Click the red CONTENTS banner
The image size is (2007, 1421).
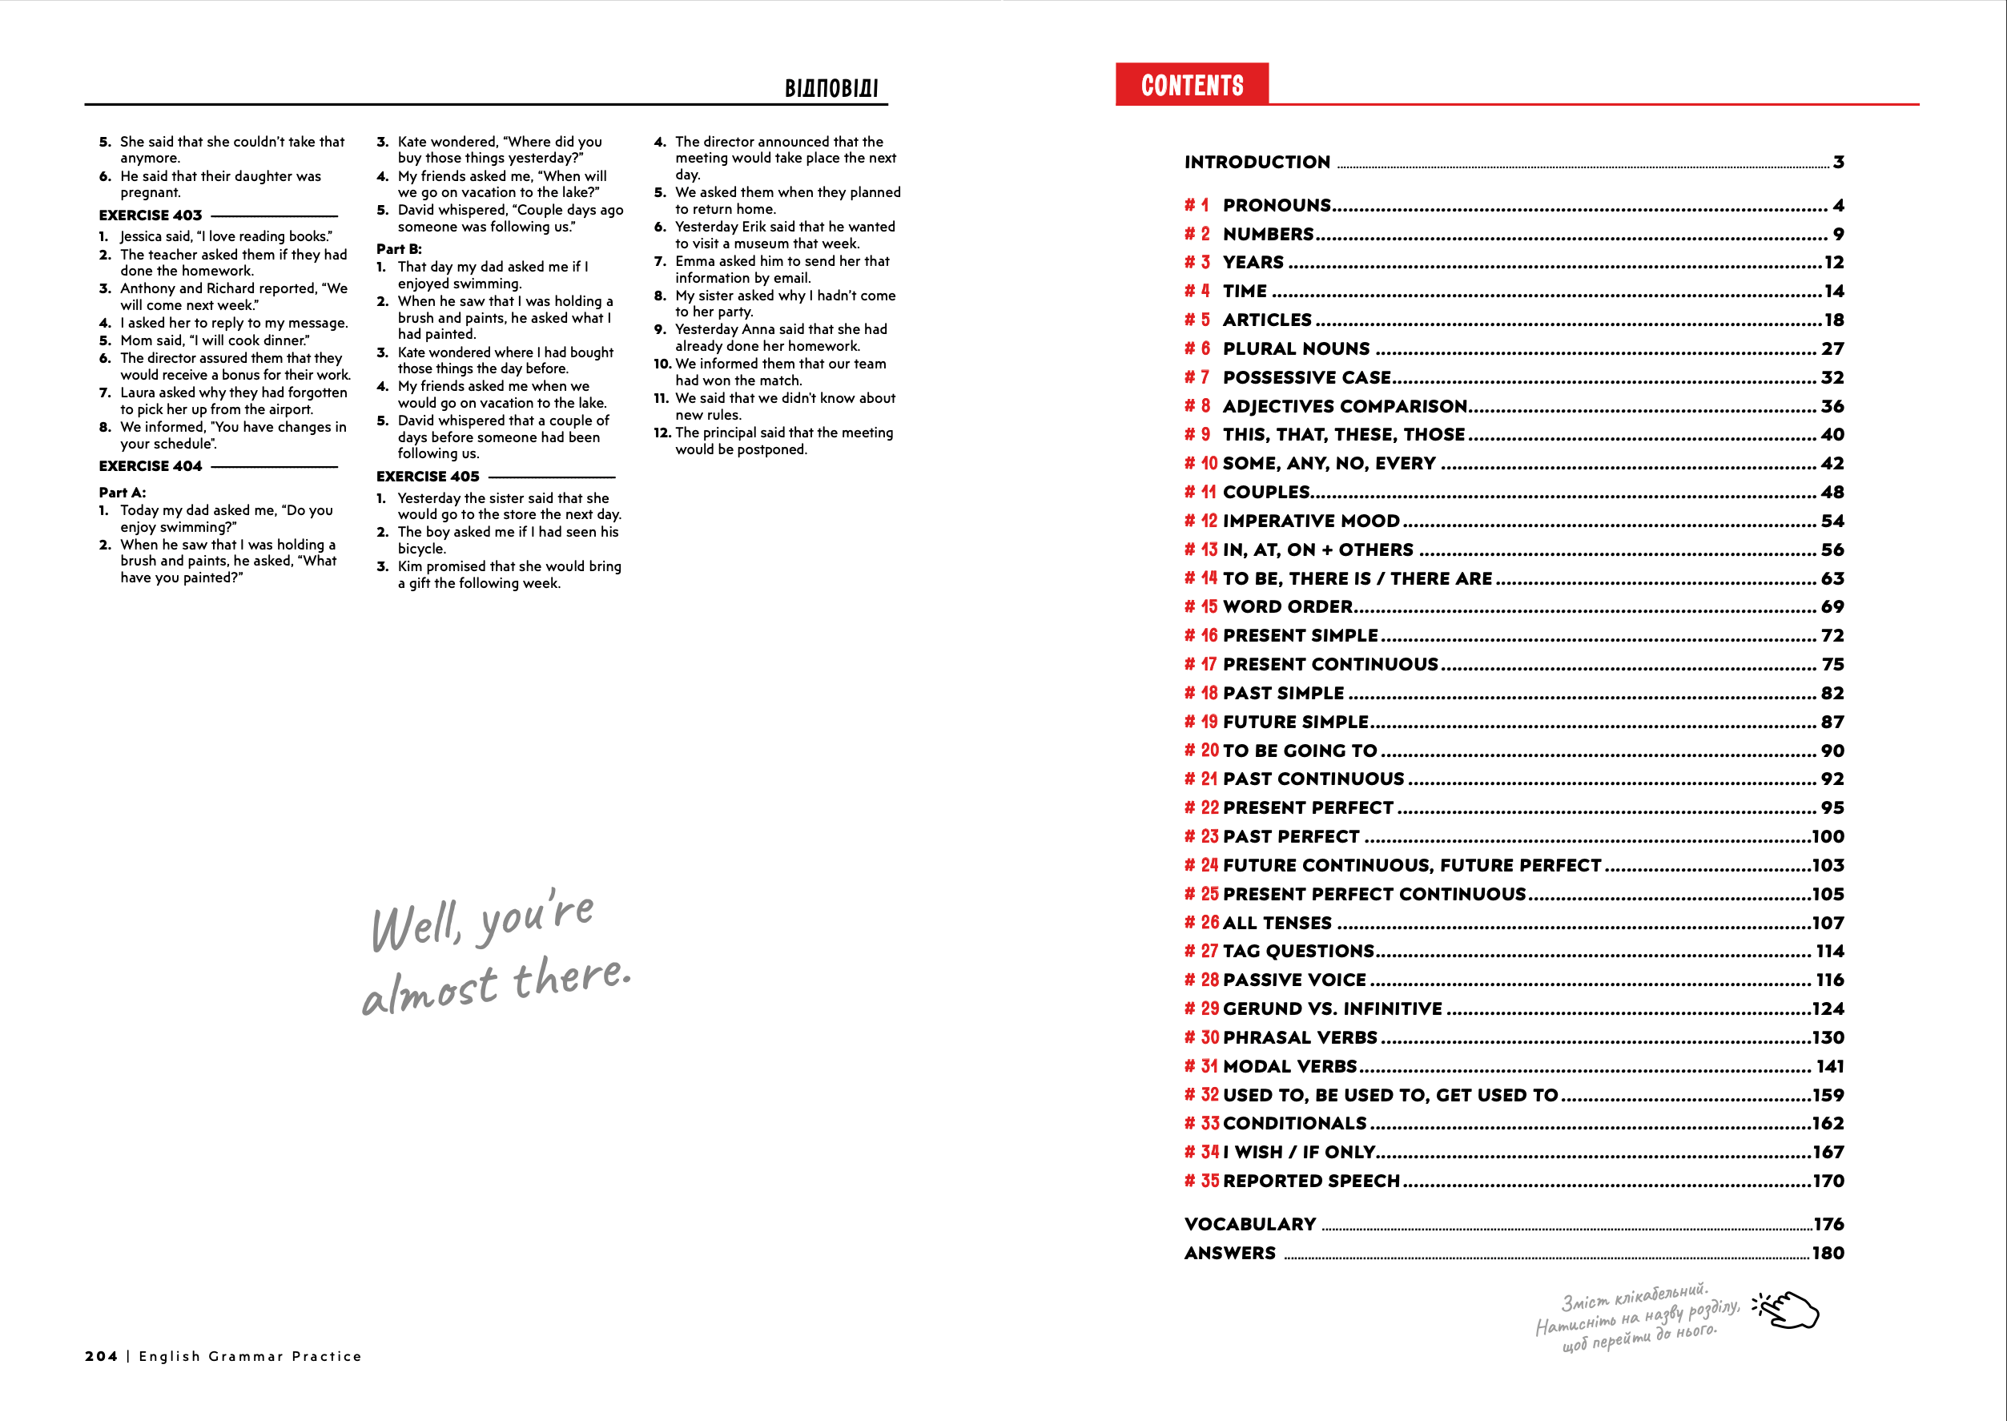[x=1192, y=85]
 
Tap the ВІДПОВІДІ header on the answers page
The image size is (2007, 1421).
[x=831, y=88]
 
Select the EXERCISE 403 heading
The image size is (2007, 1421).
[x=151, y=215]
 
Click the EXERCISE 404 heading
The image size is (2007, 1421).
[x=151, y=466]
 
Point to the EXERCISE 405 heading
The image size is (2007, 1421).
[x=428, y=477]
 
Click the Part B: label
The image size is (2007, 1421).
[x=399, y=249]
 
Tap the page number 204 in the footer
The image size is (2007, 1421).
[x=102, y=1356]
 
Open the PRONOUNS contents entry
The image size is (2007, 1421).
[x=1277, y=206]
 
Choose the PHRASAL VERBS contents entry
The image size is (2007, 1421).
[x=1299, y=1038]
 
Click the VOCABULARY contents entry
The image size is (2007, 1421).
[x=1250, y=1224]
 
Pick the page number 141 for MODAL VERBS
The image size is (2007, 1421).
[x=1829, y=1067]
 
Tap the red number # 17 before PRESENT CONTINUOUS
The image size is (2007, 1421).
[x=1201, y=665]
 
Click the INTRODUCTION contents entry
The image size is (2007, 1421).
[x=1257, y=163]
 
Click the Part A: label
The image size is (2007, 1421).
[x=123, y=493]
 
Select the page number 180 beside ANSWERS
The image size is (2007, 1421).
[x=1828, y=1253]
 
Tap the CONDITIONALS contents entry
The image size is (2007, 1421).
[x=1294, y=1124]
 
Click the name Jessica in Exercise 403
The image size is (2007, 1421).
[x=143, y=236]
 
